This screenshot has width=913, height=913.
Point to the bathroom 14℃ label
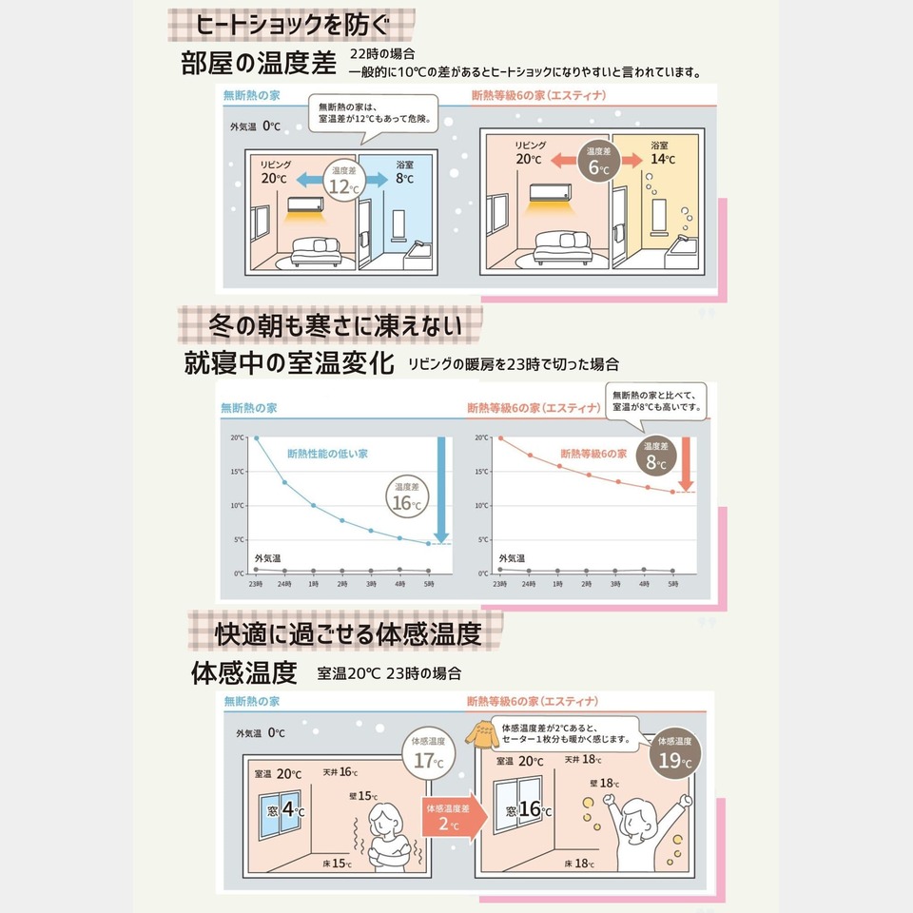[x=663, y=153]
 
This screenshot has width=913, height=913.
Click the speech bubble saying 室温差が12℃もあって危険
[x=375, y=114]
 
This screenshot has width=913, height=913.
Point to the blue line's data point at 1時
[x=313, y=505]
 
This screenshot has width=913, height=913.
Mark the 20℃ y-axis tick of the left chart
[x=238, y=437]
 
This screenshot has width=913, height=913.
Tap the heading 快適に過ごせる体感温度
[x=347, y=632]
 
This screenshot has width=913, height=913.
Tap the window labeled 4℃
[x=283, y=812]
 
